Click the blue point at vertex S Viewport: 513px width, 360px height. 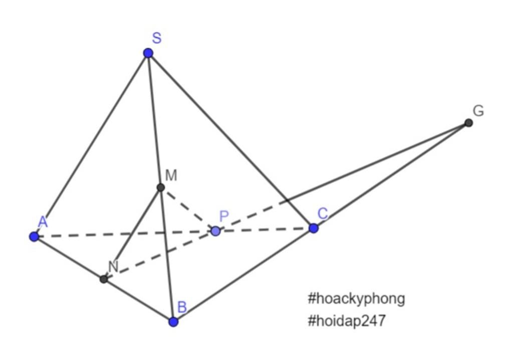(x=148, y=53)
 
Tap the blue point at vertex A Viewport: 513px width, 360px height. (x=34, y=237)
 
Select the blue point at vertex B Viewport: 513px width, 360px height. (x=173, y=322)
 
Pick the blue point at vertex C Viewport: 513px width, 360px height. (x=314, y=228)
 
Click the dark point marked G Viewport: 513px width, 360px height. (x=468, y=123)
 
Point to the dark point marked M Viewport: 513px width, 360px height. (x=161, y=188)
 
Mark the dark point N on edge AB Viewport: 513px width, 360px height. (x=104, y=279)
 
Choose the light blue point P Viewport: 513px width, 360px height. (x=215, y=231)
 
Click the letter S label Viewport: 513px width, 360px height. (x=157, y=38)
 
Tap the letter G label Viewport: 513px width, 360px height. (x=478, y=111)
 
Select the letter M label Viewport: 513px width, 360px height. (x=171, y=175)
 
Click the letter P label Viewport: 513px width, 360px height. (x=224, y=216)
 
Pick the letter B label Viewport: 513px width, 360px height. (x=182, y=307)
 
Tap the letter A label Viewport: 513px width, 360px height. (x=43, y=222)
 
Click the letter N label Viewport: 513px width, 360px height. (x=113, y=266)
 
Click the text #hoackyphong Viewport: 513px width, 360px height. (x=356, y=299)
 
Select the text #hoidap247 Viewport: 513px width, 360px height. (x=347, y=320)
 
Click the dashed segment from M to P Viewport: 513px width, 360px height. (x=188, y=209)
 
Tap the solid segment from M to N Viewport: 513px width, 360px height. (x=132, y=233)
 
